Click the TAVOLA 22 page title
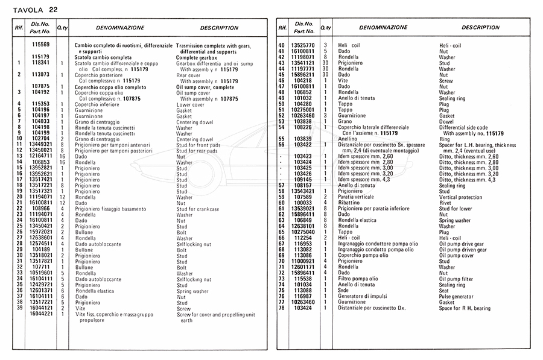pyautogui.click(x=36, y=10)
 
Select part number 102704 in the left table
pyautogui.click(x=41, y=139)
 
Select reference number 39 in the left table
pyautogui.click(x=19, y=308)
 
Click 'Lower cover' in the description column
pyautogui.click(x=191, y=104)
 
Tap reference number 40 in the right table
pyautogui.click(x=281, y=46)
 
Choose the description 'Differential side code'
pyautogui.click(x=471, y=127)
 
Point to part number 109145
pyautogui.click(x=303, y=180)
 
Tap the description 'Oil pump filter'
pyautogui.click(x=460, y=279)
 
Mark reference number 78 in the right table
pyautogui.click(x=281, y=308)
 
